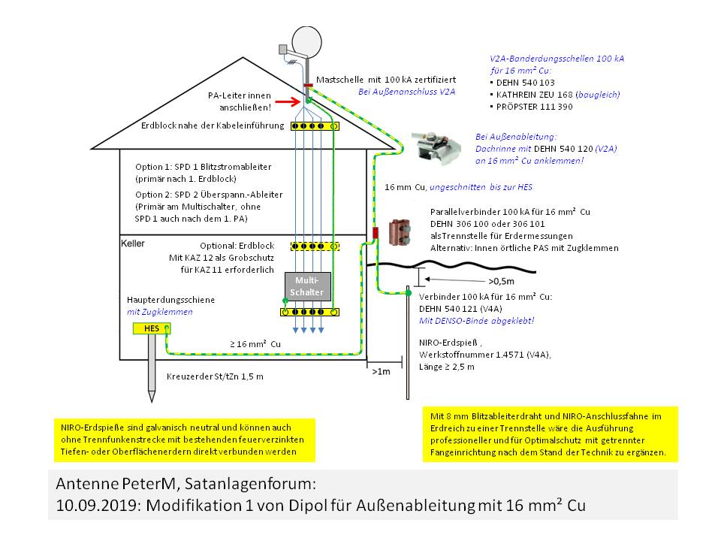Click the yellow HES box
point(151,328)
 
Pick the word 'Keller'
point(132,243)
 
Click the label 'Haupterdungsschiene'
point(170,300)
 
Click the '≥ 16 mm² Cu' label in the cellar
point(255,343)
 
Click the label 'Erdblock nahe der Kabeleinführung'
point(211,125)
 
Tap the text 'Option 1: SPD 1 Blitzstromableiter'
point(203,168)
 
